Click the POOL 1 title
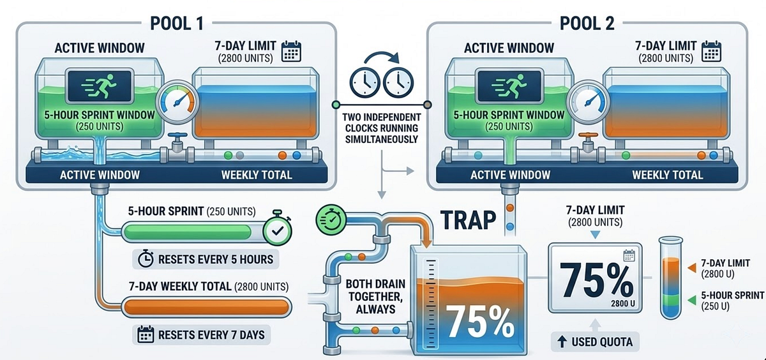pyautogui.click(x=177, y=24)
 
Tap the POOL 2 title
pyautogui.click(x=587, y=24)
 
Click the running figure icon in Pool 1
pyautogui.click(x=100, y=86)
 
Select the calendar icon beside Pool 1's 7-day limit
pyautogui.click(x=291, y=51)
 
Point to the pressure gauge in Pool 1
pyautogui.click(x=177, y=102)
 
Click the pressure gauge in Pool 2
pyautogui.click(x=587, y=102)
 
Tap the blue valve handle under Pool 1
pyautogui.click(x=177, y=136)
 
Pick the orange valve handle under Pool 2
pyautogui.click(x=588, y=136)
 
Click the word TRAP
pyautogui.click(x=468, y=220)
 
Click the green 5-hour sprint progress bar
pyautogui.click(x=188, y=232)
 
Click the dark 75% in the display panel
pyautogui.click(x=596, y=281)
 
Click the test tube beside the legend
pyautogui.click(x=671, y=277)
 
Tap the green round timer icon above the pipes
pyautogui.click(x=331, y=220)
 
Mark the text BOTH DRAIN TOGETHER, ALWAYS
pyautogui.click(x=375, y=296)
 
